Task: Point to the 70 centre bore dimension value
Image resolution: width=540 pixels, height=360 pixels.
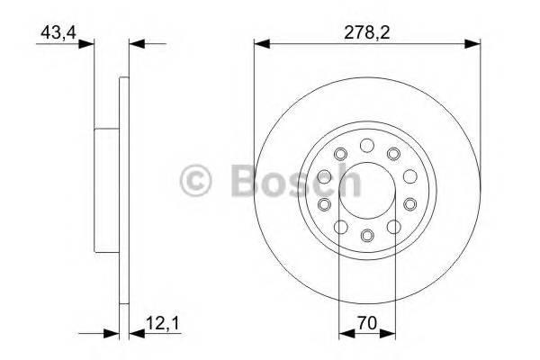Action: [x=366, y=321]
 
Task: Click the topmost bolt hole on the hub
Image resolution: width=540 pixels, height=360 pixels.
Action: [x=366, y=145]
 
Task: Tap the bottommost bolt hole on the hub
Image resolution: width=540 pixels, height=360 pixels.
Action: [x=366, y=236]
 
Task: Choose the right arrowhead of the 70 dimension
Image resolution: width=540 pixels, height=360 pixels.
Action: [x=389, y=334]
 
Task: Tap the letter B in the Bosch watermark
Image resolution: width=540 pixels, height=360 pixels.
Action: [x=242, y=180]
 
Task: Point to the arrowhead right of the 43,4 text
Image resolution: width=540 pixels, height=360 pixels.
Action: [x=88, y=42]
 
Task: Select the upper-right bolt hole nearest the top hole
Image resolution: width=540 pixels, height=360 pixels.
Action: [x=393, y=155]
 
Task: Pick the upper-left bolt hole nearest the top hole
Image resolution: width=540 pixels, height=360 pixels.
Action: [x=340, y=155]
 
